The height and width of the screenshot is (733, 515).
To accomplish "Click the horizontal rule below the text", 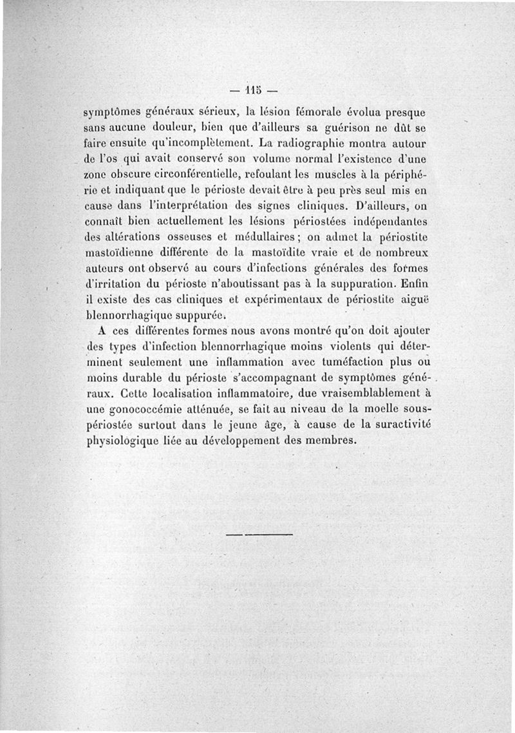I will point(260,535).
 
